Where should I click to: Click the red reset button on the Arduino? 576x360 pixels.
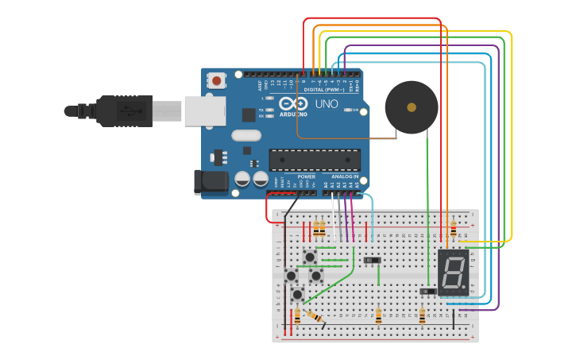pyautogui.click(x=216, y=80)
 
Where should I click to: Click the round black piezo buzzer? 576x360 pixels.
pyautogui.click(x=411, y=106)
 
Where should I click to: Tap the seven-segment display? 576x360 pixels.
pyautogui.click(x=453, y=272)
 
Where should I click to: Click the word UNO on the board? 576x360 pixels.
pyautogui.click(x=327, y=104)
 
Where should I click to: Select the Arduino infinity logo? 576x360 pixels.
pyautogui.click(x=292, y=104)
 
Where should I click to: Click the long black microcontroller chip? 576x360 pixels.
pyautogui.click(x=314, y=160)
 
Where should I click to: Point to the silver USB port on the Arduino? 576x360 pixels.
pyautogui.click(x=205, y=110)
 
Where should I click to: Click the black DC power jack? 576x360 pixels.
pyautogui.click(x=211, y=182)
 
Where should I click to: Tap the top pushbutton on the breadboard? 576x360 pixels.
pyautogui.click(x=309, y=257)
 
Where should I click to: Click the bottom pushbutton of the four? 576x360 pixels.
pyautogui.click(x=297, y=294)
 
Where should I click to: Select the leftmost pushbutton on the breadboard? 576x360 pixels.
pyautogui.click(x=291, y=276)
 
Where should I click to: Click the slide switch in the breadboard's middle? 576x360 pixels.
pyautogui.click(x=371, y=260)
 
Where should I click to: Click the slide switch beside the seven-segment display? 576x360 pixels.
pyautogui.click(x=427, y=292)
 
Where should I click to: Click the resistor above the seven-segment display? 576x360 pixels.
pyautogui.click(x=453, y=230)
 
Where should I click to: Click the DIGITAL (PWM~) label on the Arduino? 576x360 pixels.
pyautogui.click(x=325, y=90)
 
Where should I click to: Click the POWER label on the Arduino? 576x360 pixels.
pyautogui.click(x=306, y=176)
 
